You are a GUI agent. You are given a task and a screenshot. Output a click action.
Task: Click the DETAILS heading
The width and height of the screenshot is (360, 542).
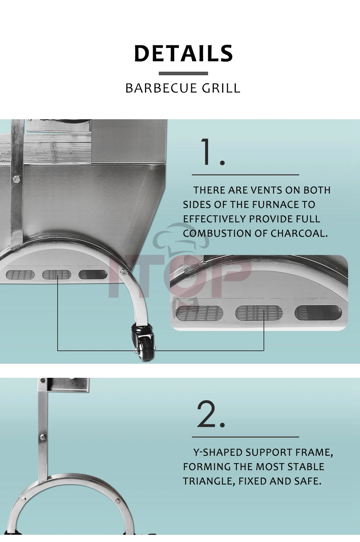[183, 53]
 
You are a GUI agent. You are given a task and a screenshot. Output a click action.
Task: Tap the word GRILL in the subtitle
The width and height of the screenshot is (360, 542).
[221, 88]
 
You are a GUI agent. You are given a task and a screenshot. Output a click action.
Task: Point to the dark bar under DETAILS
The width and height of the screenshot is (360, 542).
[183, 73]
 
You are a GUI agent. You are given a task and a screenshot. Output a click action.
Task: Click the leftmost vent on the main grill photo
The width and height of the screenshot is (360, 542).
[20, 274]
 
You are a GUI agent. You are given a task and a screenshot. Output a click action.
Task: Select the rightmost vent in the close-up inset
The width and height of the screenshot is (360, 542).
[318, 312]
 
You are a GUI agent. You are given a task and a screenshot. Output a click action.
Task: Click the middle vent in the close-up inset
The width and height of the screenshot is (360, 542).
[259, 313]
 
